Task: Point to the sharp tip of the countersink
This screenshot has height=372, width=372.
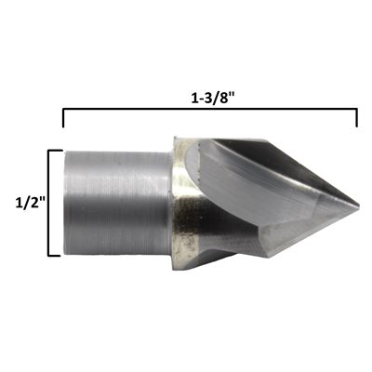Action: [359, 206]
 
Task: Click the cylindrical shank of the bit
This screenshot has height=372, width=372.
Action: [117, 203]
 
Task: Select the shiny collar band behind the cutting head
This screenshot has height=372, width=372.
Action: [183, 202]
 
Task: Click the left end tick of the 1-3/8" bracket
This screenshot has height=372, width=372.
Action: [63, 118]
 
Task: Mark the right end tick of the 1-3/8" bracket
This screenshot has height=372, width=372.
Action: [357, 118]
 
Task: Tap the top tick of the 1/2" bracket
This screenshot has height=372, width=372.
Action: [56, 151]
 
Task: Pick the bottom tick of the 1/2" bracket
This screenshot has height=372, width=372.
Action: [54, 256]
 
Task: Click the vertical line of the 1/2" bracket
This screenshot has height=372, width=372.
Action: [48, 203]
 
